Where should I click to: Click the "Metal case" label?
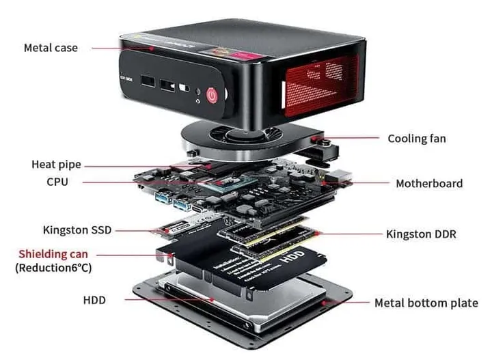tap(51, 48)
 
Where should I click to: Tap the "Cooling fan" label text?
tap(416, 139)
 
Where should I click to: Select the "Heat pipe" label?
tap(56, 165)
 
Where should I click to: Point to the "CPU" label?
tap(57, 182)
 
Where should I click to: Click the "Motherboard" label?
tap(429, 183)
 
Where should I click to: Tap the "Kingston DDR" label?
tap(421, 234)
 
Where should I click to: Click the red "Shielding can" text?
tap(53, 254)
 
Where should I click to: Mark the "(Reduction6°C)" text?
tap(53, 268)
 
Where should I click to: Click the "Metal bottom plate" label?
tap(426, 303)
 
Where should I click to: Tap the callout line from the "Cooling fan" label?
tap(355, 138)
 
